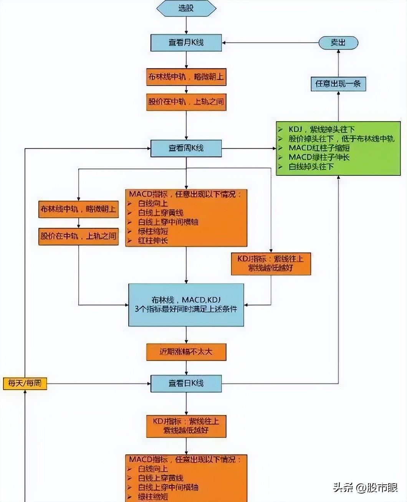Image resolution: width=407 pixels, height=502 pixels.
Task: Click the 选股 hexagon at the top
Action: pyautogui.click(x=186, y=8)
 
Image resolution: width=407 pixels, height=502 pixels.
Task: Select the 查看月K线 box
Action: pyautogui.click(x=186, y=42)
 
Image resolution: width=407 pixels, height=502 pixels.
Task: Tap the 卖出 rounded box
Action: pyautogui.click(x=338, y=43)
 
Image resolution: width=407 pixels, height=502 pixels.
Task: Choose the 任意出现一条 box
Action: pyautogui.click(x=338, y=83)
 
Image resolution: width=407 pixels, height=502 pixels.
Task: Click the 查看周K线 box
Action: pyautogui.click(x=186, y=148)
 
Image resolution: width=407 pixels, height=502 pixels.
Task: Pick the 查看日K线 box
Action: pyautogui.click(x=186, y=383)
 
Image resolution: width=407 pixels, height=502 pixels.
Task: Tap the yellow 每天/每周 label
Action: pyautogui.click(x=25, y=383)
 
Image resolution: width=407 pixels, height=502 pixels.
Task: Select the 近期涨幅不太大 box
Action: pyautogui.click(x=186, y=352)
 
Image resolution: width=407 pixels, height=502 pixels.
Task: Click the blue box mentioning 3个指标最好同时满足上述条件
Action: pyautogui.click(x=186, y=304)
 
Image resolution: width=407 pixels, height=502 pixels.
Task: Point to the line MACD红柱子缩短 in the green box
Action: pyautogui.click(x=319, y=148)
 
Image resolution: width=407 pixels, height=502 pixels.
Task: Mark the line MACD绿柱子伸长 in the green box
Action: pyautogui.click(x=319, y=157)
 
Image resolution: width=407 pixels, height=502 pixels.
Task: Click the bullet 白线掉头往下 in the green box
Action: pyautogui.click(x=311, y=167)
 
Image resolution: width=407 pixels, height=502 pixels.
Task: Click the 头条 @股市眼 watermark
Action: pyautogui.click(x=365, y=488)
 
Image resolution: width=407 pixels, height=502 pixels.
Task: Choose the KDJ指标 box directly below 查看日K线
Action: pyautogui.click(x=186, y=426)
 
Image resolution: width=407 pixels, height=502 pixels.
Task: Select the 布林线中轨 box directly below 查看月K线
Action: pyautogui.click(x=186, y=77)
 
